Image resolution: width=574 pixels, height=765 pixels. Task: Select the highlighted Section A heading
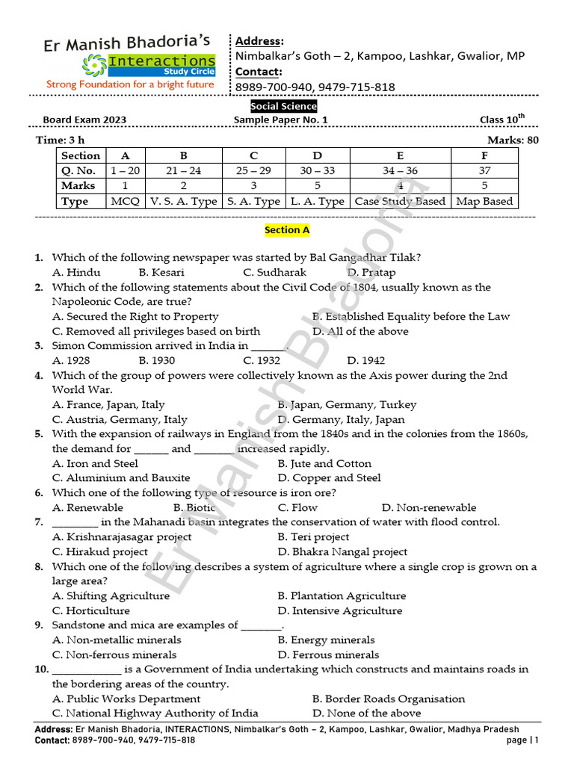(287, 230)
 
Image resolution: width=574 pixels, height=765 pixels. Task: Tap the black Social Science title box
(283, 106)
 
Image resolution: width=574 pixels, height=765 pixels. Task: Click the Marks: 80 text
(513, 140)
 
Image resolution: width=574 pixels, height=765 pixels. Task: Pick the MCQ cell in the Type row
(125, 201)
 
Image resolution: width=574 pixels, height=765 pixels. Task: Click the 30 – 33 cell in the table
(318, 170)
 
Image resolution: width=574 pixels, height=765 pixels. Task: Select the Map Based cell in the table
(484, 201)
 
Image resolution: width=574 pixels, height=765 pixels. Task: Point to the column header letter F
(484, 155)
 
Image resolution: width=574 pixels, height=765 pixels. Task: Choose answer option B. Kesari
(161, 273)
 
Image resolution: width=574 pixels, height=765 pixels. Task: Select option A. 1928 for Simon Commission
(72, 360)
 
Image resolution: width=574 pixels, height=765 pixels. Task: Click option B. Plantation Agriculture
(342, 595)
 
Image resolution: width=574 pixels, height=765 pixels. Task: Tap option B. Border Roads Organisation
(388, 699)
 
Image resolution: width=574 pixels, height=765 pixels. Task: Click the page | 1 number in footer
(522, 740)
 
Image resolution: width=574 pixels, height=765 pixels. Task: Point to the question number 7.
(39, 522)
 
